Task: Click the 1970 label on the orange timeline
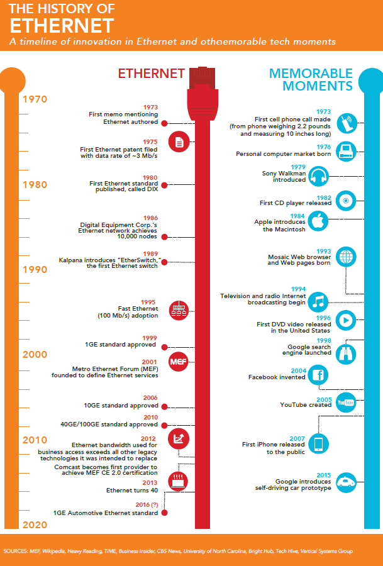[35, 99]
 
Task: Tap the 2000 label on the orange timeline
[35, 355]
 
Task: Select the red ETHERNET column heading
[152, 74]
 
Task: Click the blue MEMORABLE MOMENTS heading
[311, 79]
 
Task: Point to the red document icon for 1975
[179, 142]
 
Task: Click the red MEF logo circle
[179, 362]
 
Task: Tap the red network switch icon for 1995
[179, 311]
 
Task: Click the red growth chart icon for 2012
[179, 439]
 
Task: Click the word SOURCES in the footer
[15, 551]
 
